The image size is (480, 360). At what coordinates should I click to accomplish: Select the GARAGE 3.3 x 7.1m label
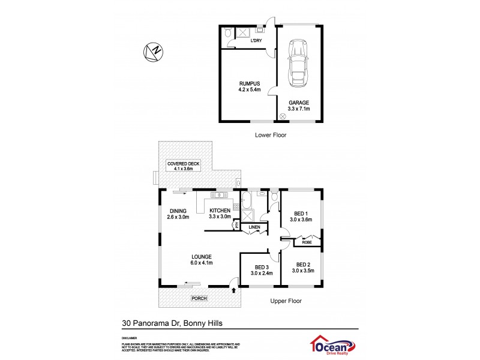click(298, 106)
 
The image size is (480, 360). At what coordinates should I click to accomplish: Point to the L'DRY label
click(256, 40)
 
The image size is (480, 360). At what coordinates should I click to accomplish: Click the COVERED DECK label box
click(184, 166)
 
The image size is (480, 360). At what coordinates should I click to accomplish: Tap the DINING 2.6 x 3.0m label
click(178, 214)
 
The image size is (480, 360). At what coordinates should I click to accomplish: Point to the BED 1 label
click(301, 217)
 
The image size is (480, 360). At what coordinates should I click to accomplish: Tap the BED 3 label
click(261, 270)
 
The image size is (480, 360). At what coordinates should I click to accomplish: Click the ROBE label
click(307, 242)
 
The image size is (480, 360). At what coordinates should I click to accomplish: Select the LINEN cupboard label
click(254, 227)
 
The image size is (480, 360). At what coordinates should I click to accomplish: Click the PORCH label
click(198, 298)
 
